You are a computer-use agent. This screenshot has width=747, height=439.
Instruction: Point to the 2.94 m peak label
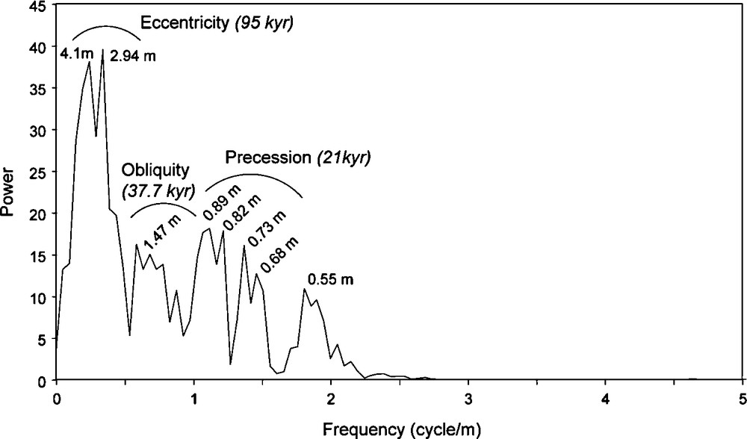(x=133, y=56)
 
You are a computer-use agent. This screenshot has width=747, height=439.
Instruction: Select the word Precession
(x=267, y=158)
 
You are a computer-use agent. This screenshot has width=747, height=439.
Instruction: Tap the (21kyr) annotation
(x=344, y=158)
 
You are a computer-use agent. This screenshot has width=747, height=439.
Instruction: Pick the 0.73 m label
(x=268, y=230)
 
